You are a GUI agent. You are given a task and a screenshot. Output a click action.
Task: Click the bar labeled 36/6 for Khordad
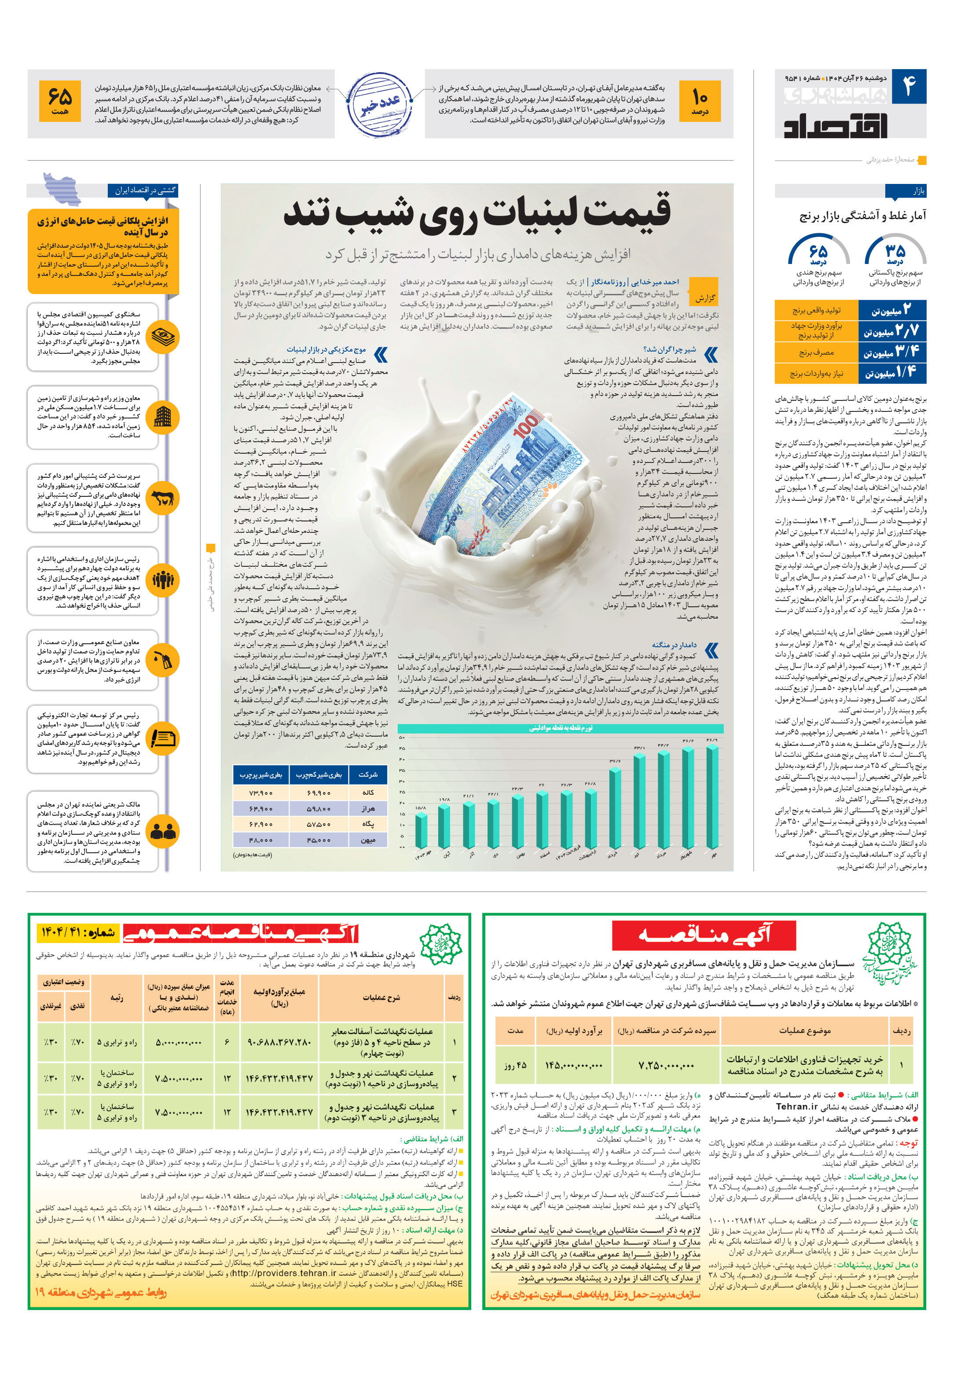(614, 807)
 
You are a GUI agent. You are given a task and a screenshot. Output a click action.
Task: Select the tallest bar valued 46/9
(712, 795)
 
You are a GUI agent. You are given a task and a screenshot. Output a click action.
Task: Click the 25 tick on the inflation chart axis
(402, 792)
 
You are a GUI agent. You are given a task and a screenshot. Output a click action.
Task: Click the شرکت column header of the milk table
(368, 774)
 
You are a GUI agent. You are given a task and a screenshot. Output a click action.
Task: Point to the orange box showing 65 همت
(60, 101)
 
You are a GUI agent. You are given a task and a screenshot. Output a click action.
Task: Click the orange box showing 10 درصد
(699, 101)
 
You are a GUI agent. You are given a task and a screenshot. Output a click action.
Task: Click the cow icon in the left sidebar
(163, 498)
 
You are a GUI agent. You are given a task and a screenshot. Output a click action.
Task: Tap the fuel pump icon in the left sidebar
(163, 661)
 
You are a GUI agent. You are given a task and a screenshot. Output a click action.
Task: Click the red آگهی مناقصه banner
(704, 935)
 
